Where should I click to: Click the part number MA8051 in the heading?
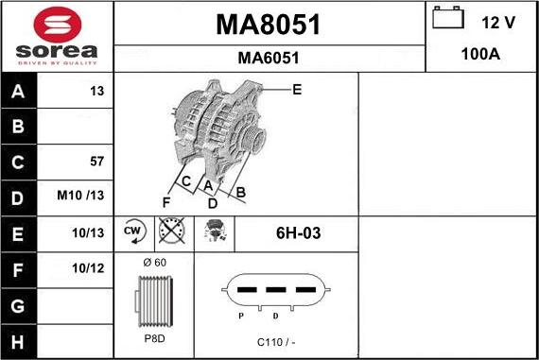click(269, 25)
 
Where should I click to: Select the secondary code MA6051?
click(269, 58)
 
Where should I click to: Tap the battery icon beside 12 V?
click(446, 19)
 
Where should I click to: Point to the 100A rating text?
click(480, 55)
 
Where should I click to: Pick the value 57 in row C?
click(96, 162)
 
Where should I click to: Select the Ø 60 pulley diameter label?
click(153, 262)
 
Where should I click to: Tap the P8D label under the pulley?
click(153, 338)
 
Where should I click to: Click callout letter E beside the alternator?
click(297, 90)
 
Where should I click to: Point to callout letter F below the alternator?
click(165, 201)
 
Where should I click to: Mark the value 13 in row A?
click(97, 91)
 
